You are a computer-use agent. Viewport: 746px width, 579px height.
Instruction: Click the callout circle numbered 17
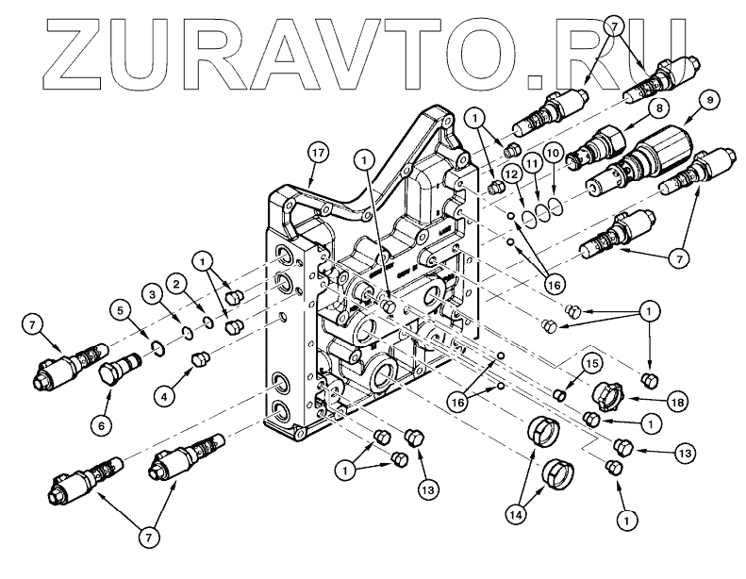coord(318,152)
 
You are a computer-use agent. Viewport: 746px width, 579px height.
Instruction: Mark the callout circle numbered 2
coord(174,281)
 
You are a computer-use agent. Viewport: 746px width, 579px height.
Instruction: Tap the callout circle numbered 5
coord(120,306)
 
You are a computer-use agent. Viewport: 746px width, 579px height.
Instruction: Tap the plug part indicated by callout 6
coord(113,362)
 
